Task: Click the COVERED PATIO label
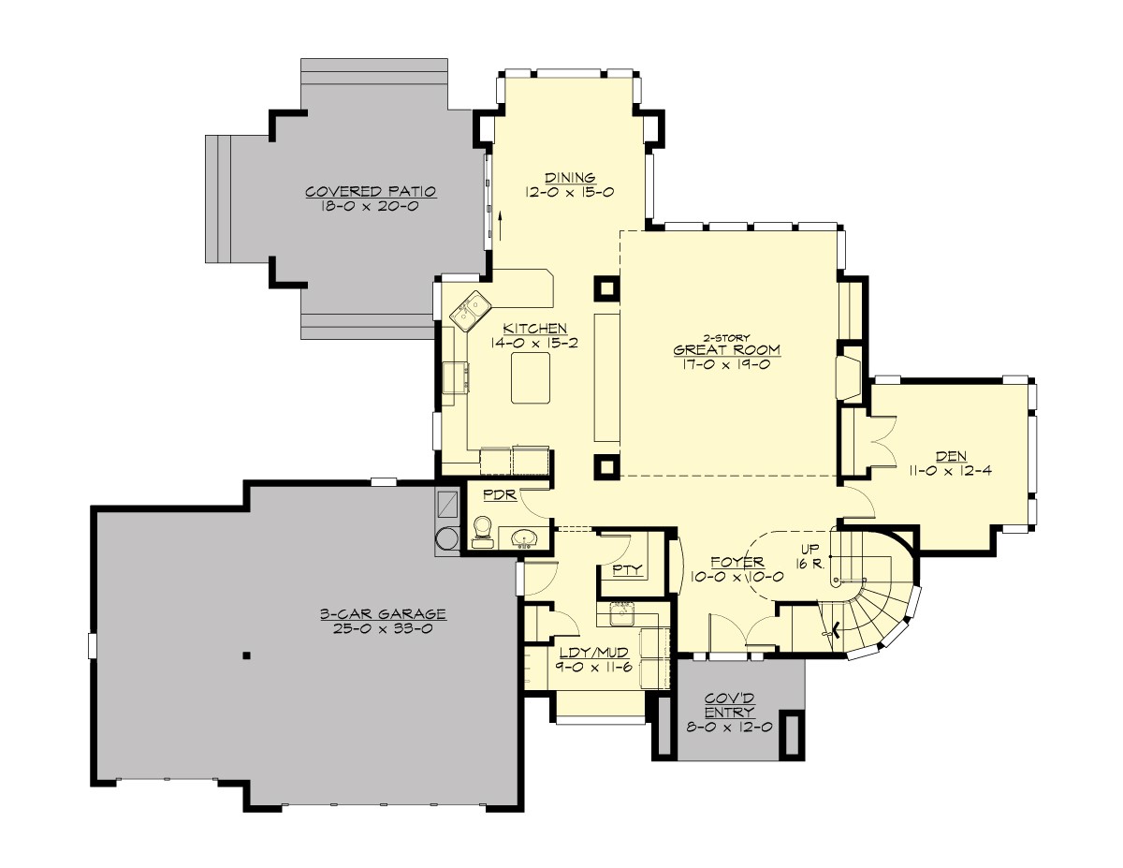tap(372, 192)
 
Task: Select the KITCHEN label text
tap(534, 329)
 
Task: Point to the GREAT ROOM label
tap(726, 350)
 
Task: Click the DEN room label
tap(951, 456)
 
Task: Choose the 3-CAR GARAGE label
tap(382, 614)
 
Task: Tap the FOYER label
tap(737, 562)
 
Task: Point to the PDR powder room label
tap(495, 494)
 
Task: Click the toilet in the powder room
tap(483, 531)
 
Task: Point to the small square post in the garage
tap(245, 655)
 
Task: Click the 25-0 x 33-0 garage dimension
tap(382, 629)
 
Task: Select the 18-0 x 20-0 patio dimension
tap(372, 207)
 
